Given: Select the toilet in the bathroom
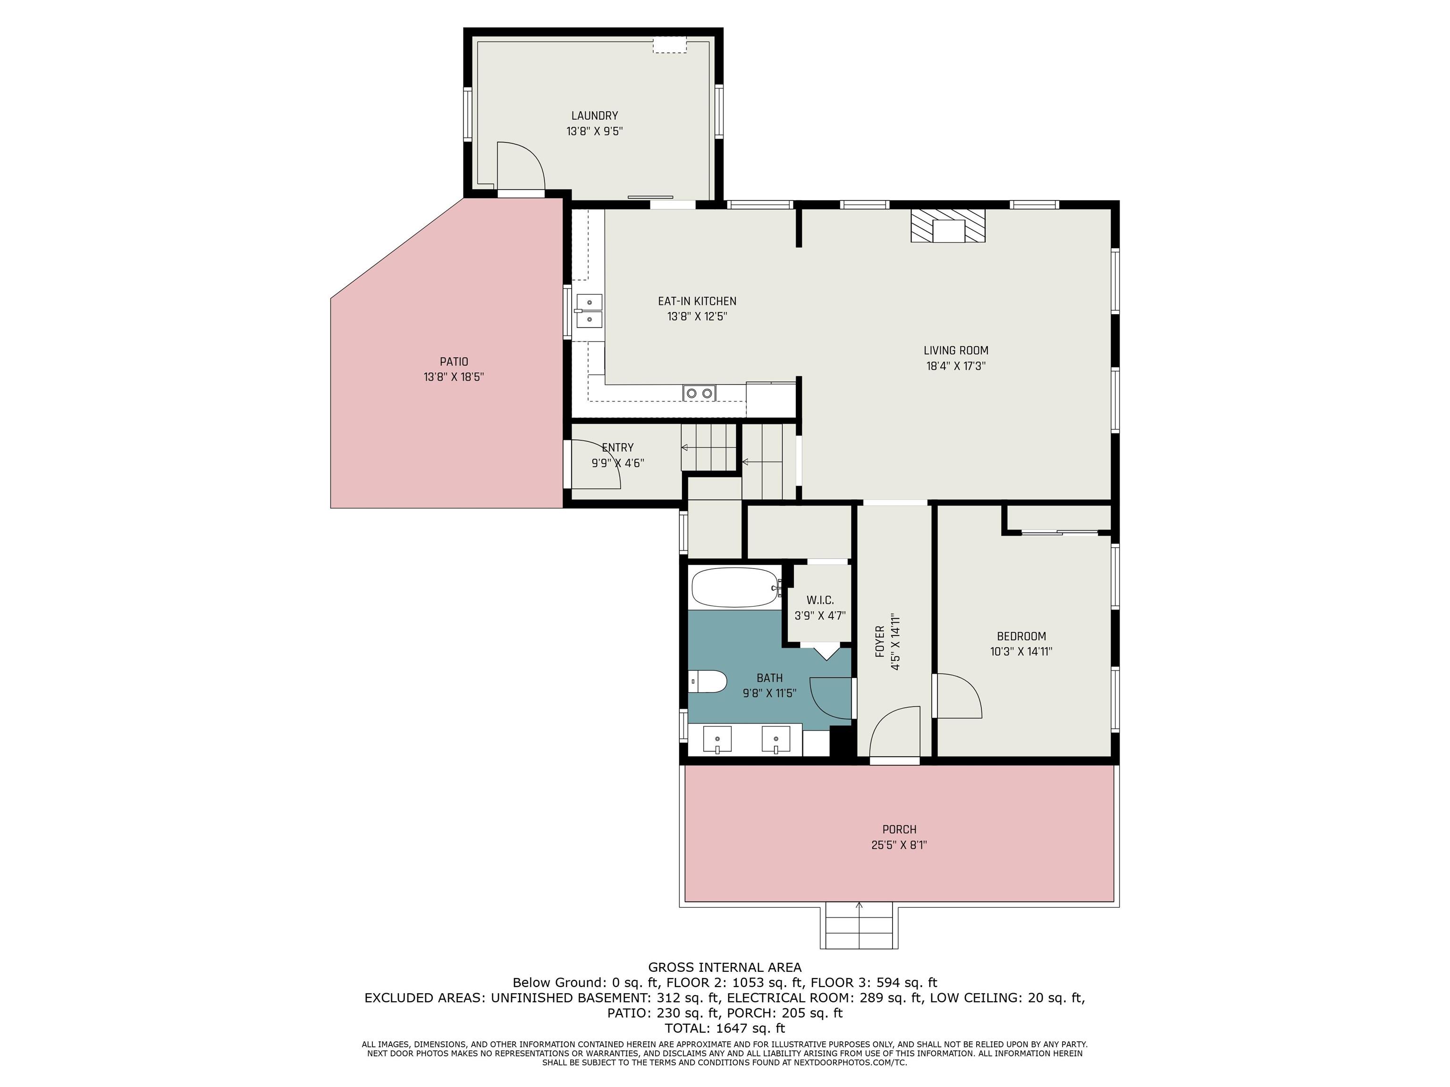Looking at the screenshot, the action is click(x=708, y=681).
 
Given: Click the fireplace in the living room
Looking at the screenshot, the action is click(x=948, y=226).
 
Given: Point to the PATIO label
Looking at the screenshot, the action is click(x=454, y=362).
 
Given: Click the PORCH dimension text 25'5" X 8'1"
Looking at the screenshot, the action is click(x=899, y=845).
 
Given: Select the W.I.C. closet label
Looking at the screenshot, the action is click(x=820, y=600).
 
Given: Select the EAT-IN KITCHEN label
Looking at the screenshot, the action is click(x=697, y=301).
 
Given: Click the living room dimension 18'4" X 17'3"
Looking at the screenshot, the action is click(x=956, y=366).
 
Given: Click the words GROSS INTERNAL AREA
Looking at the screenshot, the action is click(x=725, y=967).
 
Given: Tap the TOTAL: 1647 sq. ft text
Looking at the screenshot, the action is click(x=725, y=1028).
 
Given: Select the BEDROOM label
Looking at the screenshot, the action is click(x=1021, y=636).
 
